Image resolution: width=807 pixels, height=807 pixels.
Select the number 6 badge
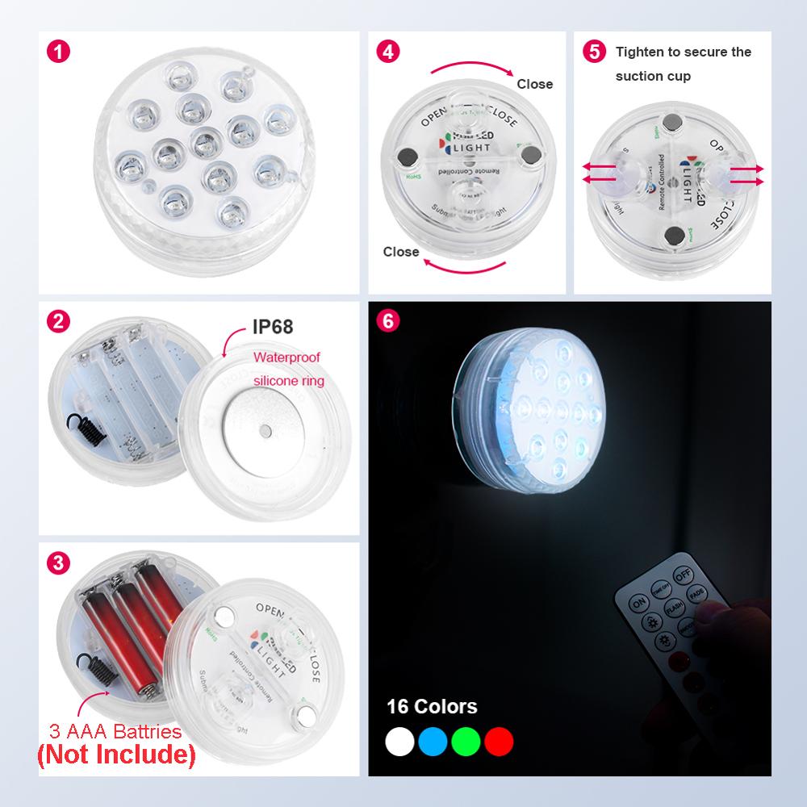pos(388,320)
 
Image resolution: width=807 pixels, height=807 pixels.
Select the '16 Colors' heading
pos(432,707)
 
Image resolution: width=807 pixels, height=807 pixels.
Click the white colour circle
pos(399,741)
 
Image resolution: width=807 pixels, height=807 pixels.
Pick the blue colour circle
pos(433,741)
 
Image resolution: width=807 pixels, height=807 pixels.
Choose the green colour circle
pos(466,741)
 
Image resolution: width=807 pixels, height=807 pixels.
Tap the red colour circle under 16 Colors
pos(499,741)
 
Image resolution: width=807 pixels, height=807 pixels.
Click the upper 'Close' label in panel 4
pos(534,84)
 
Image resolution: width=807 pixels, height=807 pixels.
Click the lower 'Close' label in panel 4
pos(401,252)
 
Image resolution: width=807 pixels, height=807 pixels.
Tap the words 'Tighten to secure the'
pos(683,52)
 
